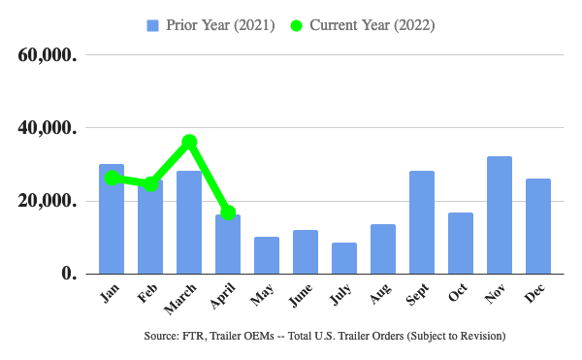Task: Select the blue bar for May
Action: click(267, 255)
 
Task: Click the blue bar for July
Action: click(344, 258)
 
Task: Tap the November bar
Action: click(500, 215)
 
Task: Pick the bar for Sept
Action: click(422, 222)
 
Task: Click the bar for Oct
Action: click(461, 244)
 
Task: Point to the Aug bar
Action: click(383, 249)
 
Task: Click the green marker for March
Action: click(190, 142)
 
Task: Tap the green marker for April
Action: click(228, 213)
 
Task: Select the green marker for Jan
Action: click(113, 179)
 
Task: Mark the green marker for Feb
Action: click(151, 183)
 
